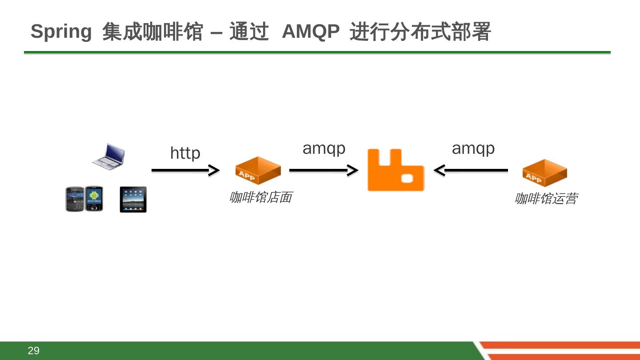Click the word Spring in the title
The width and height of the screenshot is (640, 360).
tap(61, 32)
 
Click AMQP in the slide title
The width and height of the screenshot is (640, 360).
tap(311, 32)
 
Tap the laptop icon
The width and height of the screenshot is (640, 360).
tap(108, 156)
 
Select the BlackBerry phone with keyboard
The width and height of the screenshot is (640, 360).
tap(75, 199)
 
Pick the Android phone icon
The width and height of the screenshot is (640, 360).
tap(94, 199)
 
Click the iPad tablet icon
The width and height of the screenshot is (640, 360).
tap(133, 200)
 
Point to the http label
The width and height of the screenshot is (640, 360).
tap(185, 153)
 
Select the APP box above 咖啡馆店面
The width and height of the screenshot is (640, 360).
tap(258, 170)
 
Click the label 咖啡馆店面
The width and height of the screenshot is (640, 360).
tap(260, 197)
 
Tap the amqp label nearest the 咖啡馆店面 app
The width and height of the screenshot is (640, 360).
tap(324, 148)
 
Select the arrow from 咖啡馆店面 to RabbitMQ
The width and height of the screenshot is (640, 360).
tap(324, 170)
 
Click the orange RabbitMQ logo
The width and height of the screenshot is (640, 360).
tap(396, 170)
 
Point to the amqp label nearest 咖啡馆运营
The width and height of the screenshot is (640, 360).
tap(473, 148)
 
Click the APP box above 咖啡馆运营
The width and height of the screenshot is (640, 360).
tap(544, 173)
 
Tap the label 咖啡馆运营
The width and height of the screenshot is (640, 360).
tap(546, 199)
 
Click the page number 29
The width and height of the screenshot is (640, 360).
tap(34, 351)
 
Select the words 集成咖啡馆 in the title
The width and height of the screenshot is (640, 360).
tap(152, 32)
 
